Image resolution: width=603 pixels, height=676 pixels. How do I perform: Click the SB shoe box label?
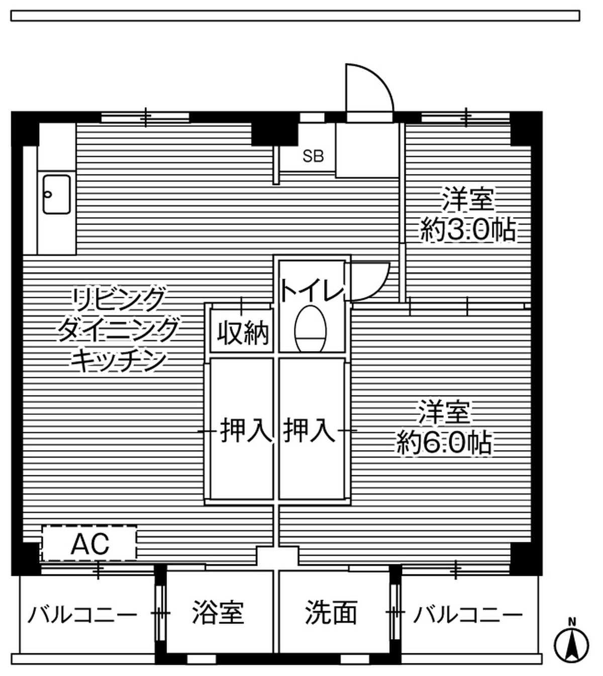click(313, 156)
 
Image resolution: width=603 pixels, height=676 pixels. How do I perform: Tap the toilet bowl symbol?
click(311, 329)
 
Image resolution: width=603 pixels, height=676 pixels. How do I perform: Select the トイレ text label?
click(312, 291)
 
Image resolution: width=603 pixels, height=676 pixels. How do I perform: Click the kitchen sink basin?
click(57, 195)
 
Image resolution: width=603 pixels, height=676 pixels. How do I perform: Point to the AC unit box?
click(89, 543)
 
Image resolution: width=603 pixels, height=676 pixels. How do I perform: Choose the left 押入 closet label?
click(246, 431)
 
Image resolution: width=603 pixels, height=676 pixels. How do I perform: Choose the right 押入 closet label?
click(309, 431)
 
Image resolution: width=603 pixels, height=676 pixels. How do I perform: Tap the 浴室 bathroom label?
click(218, 612)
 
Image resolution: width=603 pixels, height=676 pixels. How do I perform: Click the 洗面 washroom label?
click(331, 612)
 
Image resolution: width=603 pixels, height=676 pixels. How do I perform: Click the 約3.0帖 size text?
click(468, 230)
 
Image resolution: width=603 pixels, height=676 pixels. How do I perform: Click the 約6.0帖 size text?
click(444, 443)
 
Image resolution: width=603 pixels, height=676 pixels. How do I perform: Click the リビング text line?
click(119, 299)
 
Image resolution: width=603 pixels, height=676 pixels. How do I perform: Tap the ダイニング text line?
click(118, 329)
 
